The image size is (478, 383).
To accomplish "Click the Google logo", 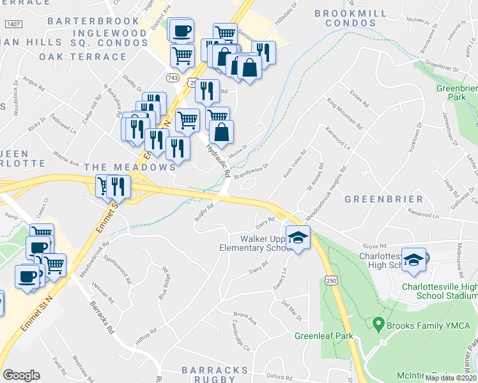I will click(21, 375).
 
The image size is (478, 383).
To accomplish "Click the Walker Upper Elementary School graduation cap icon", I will click(297, 238).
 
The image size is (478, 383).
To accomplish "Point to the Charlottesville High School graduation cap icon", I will click(414, 259).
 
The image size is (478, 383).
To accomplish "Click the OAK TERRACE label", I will click(83, 56).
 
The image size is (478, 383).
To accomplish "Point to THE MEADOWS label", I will click(130, 167).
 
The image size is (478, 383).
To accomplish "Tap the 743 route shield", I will click(172, 77).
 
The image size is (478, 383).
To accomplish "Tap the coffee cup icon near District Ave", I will click(181, 30).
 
